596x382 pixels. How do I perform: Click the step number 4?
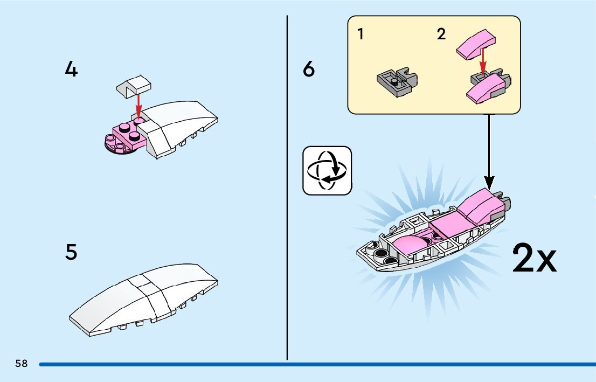(71, 70)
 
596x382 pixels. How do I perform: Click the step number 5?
(71, 252)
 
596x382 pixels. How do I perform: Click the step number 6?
(309, 70)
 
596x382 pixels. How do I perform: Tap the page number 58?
(22, 363)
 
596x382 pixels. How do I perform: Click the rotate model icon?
(327, 170)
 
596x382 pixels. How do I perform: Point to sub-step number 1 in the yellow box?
(360, 35)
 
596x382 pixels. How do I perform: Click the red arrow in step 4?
(138, 105)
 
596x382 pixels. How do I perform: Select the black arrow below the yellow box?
(489, 151)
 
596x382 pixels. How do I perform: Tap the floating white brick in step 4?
(133, 85)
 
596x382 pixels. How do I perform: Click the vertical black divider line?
(287, 189)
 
